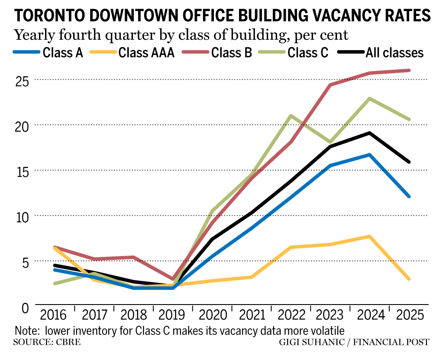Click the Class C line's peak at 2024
click(369, 99)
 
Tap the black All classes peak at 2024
click(369, 133)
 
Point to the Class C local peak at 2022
click(291, 116)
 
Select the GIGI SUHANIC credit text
click(311, 343)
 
